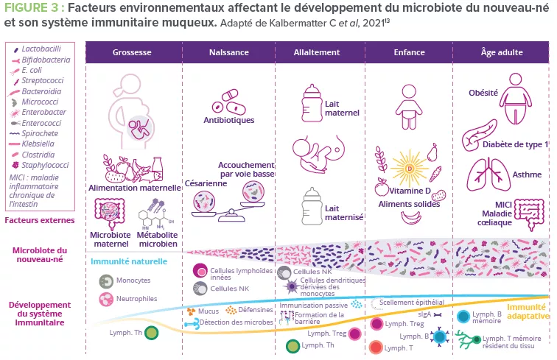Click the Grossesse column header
pyautogui.click(x=133, y=53)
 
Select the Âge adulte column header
pyautogui.click(x=500, y=53)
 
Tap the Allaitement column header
pyautogui.click(x=317, y=53)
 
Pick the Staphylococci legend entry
pyautogui.click(x=42, y=166)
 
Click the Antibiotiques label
pyautogui.click(x=228, y=120)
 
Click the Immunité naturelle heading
pyautogui.click(x=129, y=261)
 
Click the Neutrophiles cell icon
pyautogui.click(x=107, y=299)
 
